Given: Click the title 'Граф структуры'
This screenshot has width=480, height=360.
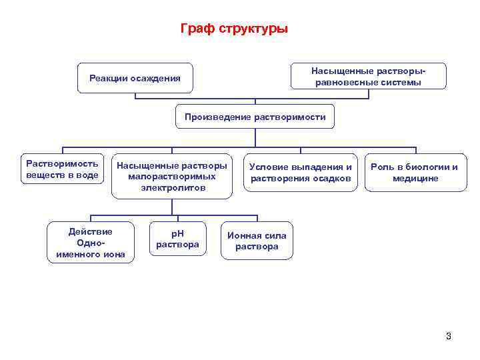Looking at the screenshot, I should click(x=234, y=29).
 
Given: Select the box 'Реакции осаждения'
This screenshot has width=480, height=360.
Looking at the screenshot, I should click(x=135, y=78).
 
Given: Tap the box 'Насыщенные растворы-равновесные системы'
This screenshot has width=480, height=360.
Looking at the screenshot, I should click(x=368, y=76).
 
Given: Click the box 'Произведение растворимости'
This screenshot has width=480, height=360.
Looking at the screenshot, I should click(x=255, y=117).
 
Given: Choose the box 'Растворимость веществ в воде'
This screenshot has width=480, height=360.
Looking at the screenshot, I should click(x=62, y=169).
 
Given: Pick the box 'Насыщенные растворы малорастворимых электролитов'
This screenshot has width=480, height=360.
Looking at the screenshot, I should click(x=172, y=177).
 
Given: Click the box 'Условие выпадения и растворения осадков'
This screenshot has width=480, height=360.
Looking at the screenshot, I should click(x=301, y=172).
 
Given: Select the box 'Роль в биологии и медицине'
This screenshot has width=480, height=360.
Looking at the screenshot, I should click(x=415, y=172).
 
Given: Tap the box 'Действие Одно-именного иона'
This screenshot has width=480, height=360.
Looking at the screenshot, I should click(x=91, y=243).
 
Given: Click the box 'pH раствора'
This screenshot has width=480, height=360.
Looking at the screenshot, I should click(x=177, y=239).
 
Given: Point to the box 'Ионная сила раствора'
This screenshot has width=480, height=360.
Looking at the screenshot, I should click(x=257, y=241).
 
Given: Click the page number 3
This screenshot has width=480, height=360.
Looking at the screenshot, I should click(x=449, y=336).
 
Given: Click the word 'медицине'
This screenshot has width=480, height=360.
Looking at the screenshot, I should click(x=415, y=178).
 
